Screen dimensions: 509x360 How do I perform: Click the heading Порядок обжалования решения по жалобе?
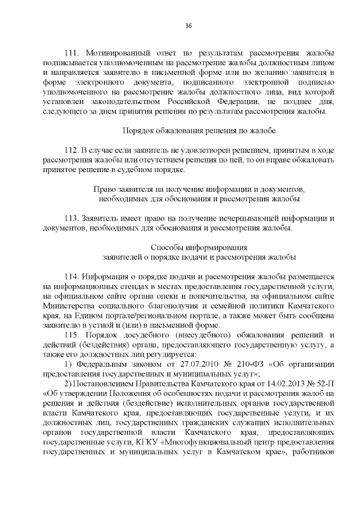tap(199, 130)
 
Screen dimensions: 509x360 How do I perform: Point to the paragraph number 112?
tap(73, 151)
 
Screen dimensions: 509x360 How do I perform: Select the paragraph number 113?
tap(73, 218)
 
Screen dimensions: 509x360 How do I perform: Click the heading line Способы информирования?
tap(199, 247)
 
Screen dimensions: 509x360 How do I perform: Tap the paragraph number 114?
tap(73, 277)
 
